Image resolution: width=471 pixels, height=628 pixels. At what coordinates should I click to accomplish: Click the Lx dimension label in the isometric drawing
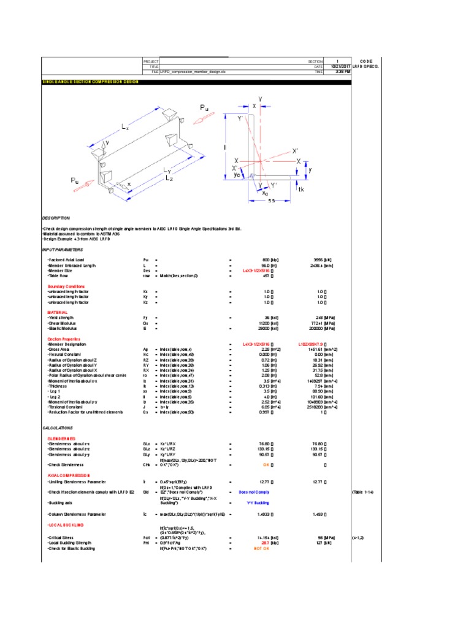(124, 128)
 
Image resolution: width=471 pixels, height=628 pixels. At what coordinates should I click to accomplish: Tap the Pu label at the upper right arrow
(205, 108)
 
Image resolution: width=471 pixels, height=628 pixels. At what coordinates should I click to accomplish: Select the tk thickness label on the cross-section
(300, 190)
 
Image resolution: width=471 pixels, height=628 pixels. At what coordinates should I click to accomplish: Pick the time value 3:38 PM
(343, 72)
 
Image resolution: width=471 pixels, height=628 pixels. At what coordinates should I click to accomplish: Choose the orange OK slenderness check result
(267, 465)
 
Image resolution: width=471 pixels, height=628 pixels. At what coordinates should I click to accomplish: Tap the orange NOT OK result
(261, 548)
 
